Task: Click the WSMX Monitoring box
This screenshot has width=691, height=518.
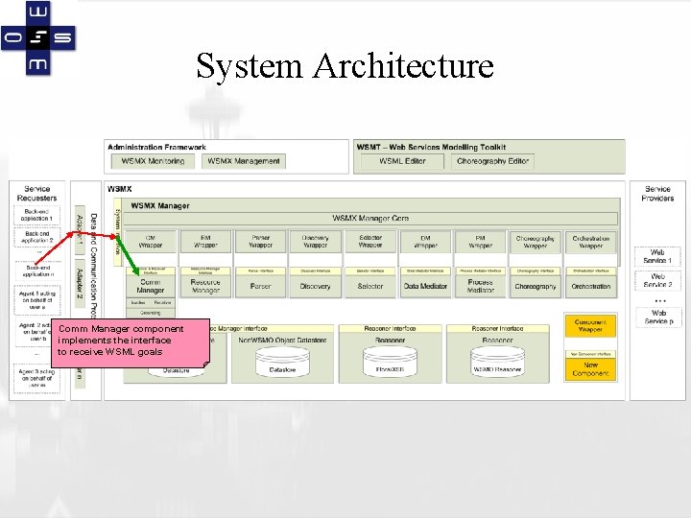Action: click(x=154, y=161)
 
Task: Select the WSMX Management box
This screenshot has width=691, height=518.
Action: click(x=244, y=161)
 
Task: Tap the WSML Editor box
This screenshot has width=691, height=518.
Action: click(x=402, y=161)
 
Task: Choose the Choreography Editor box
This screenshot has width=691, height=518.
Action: click(x=492, y=161)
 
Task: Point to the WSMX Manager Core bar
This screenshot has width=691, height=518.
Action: click(x=370, y=219)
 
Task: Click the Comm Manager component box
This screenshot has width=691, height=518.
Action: click(x=151, y=285)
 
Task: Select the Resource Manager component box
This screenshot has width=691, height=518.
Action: click(x=205, y=285)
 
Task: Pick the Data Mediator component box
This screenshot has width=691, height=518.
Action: click(x=425, y=286)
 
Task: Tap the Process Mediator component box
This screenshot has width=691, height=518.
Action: click(x=480, y=285)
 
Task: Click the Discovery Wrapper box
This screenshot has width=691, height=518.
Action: click(x=315, y=241)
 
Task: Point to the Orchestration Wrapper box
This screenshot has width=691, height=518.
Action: click(x=590, y=241)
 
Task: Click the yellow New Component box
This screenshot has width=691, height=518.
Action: click(x=590, y=369)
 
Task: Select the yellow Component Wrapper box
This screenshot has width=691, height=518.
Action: click(x=590, y=326)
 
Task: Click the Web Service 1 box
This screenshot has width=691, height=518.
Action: click(x=657, y=256)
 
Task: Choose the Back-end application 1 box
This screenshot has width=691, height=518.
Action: click(x=37, y=215)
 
